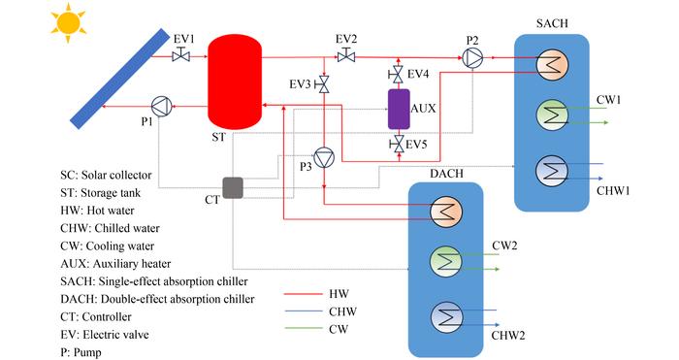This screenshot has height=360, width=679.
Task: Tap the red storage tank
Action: click(x=232, y=85)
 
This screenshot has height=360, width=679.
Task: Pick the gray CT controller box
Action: click(x=234, y=187)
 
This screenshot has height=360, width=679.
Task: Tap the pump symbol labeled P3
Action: click(x=323, y=154)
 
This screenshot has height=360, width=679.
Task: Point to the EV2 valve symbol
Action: click(x=345, y=57)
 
